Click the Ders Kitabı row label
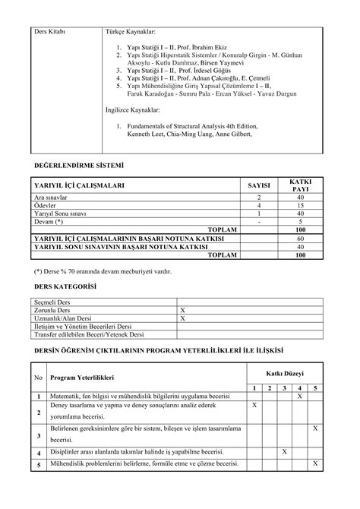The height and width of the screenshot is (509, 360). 51,32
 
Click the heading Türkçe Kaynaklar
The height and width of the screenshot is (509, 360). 130,32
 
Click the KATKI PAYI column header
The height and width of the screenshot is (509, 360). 301,185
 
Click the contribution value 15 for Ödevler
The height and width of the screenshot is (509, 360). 301,205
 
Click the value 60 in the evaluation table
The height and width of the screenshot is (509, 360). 301,238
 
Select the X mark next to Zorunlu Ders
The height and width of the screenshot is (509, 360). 182,311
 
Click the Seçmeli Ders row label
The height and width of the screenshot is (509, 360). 52,302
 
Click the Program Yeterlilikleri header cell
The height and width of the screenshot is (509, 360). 82,378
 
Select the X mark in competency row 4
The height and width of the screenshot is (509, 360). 284,452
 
